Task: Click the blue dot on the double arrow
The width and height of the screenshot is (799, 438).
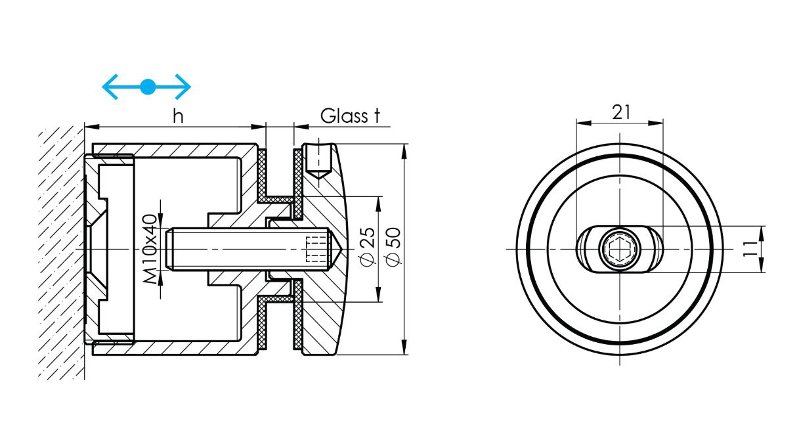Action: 148,85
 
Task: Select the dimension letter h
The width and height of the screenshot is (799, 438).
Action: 177,116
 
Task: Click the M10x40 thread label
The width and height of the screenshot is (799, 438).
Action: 150,250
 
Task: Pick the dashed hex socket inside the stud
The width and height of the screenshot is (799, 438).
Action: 316,250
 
